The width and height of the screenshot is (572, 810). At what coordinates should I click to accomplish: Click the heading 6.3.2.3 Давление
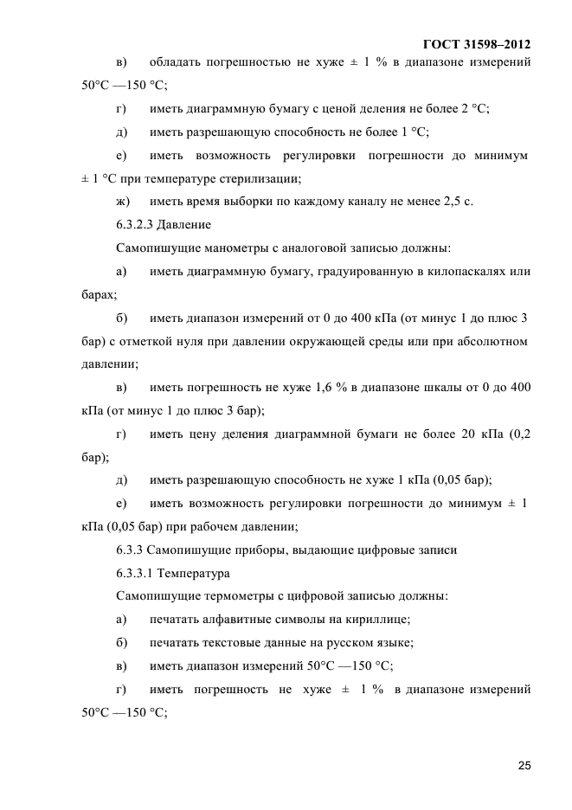[x=163, y=225]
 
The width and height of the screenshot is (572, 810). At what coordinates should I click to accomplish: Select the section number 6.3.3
[x=131, y=550]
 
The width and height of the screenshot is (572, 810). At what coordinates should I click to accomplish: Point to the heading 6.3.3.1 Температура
[x=169, y=573]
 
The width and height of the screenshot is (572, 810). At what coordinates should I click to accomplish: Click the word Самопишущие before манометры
[x=150, y=248]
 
